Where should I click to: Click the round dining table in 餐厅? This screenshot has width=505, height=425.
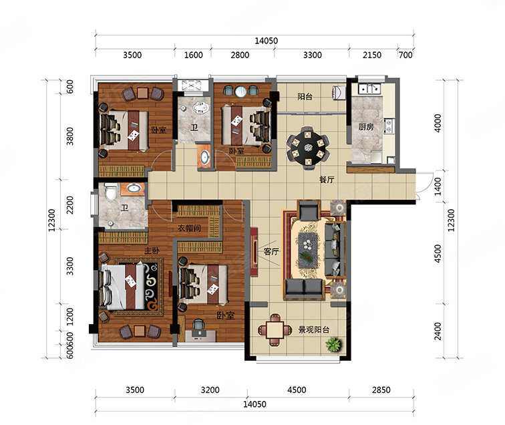pyautogui.click(x=308, y=148)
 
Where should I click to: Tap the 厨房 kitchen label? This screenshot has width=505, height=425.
pyautogui.click(x=366, y=127)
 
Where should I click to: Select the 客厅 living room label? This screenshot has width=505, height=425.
pyautogui.click(x=271, y=251)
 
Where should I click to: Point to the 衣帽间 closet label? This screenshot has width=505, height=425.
pyautogui.click(x=189, y=228)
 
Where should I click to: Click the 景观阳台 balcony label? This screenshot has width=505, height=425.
pyautogui.click(x=314, y=330)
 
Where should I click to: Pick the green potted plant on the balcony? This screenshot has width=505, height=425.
pyautogui.click(x=333, y=344)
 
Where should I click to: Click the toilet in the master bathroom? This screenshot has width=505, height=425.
pyautogui.click(x=111, y=191)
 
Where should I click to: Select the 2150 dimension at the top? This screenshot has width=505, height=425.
pyautogui.click(x=372, y=55)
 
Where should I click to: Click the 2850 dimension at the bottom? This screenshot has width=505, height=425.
pyautogui.click(x=381, y=390)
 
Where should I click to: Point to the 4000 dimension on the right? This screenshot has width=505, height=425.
pyautogui.click(x=438, y=123)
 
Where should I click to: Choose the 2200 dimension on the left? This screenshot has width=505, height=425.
pyautogui.click(x=69, y=205)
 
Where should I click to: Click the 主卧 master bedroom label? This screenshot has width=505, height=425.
pyautogui.click(x=152, y=251)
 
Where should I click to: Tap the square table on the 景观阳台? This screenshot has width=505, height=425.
pyautogui.click(x=275, y=329)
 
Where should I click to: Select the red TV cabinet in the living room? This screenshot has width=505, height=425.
pyautogui.click(x=254, y=252)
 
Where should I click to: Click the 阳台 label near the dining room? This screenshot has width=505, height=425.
pyautogui.click(x=305, y=96)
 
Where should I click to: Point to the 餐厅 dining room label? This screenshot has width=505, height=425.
pyautogui.click(x=327, y=180)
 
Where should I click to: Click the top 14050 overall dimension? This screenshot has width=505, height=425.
pyautogui.click(x=266, y=41)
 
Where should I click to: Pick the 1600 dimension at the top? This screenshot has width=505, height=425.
pyautogui.click(x=193, y=55)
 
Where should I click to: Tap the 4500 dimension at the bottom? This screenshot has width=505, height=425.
pyautogui.click(x=297, y=390)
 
